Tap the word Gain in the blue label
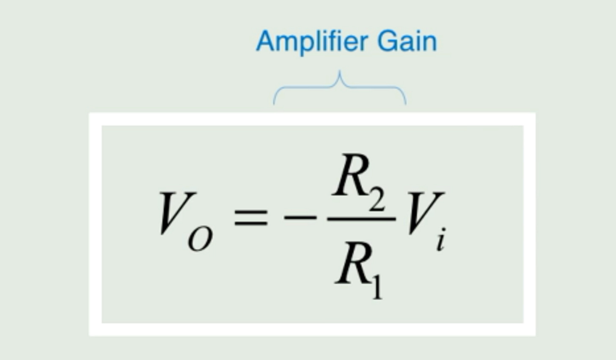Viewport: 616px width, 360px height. [407, 41]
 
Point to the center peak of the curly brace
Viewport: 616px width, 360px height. [339, 74]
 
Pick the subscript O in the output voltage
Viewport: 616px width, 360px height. [200, 240]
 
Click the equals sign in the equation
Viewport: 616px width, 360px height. [251, 217]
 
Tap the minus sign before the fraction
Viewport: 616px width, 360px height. [300, 217]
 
